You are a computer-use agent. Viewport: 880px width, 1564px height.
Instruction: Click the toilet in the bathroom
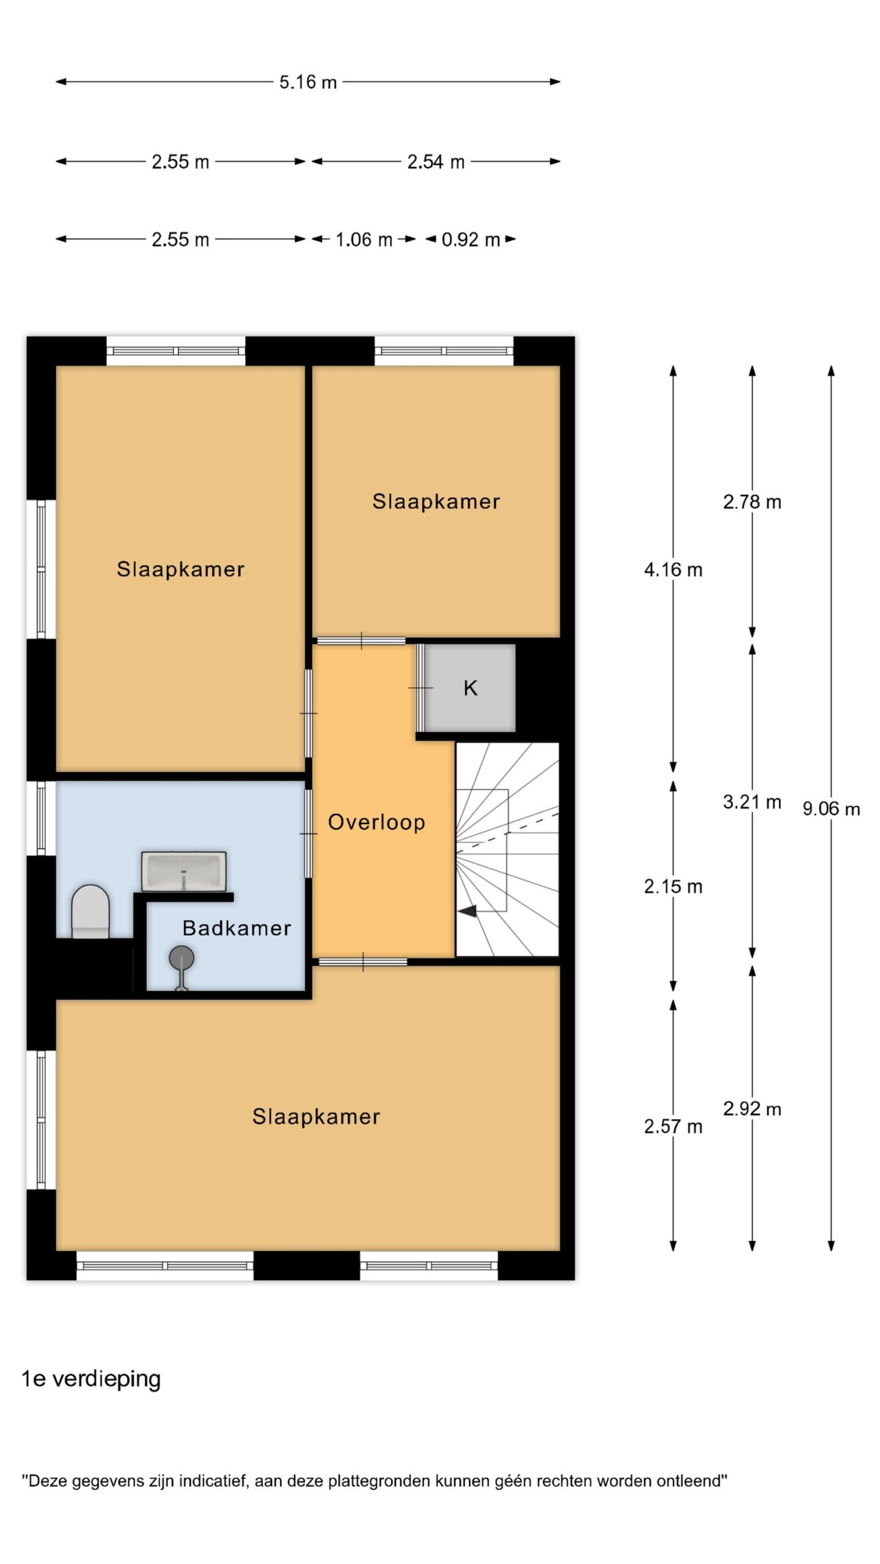coord(90,911)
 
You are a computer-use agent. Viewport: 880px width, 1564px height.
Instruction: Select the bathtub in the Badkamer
coord(184,871)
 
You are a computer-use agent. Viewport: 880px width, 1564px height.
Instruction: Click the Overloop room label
coord(376,822)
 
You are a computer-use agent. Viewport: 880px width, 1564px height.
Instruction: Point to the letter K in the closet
coord(470,688)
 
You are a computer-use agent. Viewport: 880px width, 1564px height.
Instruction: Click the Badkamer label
coord(237,928)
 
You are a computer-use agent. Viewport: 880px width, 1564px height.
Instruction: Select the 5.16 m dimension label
coord(308,82)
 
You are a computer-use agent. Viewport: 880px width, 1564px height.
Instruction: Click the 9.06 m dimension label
coord(831,809)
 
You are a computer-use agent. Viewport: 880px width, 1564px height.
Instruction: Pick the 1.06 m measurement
coord(364,239)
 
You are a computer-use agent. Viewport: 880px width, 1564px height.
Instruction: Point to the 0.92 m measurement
coord(471,239)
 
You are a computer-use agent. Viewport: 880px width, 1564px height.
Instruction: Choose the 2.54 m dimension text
coord(436,162)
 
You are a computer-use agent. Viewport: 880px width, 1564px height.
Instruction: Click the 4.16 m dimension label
coord(673,570)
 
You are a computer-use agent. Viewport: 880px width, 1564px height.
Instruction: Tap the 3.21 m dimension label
coord(752,802)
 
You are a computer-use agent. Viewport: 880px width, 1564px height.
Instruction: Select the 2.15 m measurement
coord(673,886)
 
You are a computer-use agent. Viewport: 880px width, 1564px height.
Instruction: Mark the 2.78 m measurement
coord(752,502)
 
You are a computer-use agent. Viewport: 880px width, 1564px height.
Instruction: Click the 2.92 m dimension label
coord(752,1109)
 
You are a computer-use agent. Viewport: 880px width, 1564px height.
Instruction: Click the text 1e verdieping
coord(92,1379)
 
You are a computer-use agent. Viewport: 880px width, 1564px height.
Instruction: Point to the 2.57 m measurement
coord(673,1127)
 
